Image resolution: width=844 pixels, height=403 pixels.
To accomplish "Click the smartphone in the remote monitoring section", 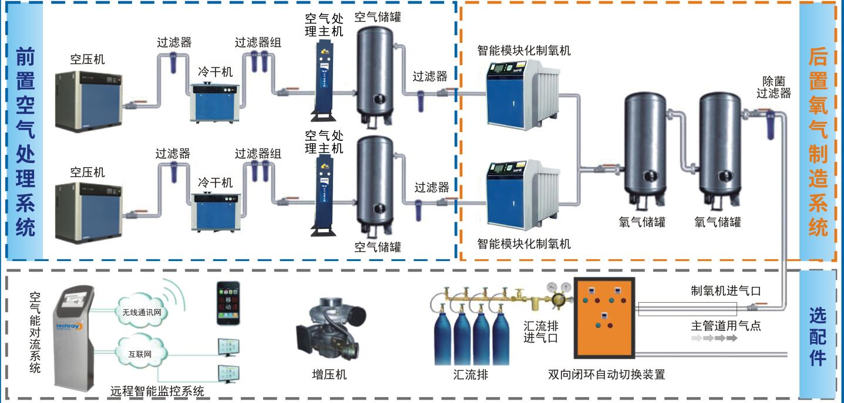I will point(228,303).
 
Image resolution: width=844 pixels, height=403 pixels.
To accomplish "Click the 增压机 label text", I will point(329,374).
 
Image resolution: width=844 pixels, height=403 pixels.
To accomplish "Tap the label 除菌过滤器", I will point(773,87).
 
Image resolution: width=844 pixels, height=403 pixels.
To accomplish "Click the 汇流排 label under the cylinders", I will point(471,374).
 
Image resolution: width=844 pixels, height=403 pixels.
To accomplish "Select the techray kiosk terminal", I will point(75,334).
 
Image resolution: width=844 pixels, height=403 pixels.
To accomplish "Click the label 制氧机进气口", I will point(726,290).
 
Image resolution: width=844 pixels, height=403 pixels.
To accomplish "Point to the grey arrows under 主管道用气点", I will point(714,338).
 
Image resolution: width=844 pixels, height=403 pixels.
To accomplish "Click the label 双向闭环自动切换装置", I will point(606,374).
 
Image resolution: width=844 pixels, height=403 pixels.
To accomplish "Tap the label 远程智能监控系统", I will point(157,391).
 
